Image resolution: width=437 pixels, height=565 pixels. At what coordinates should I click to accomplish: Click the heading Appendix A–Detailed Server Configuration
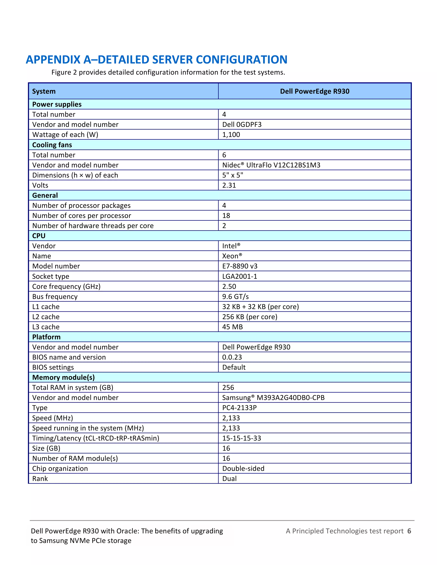[x=156, y=59]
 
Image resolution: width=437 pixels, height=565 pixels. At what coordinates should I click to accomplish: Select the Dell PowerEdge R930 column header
[x=314, y=91]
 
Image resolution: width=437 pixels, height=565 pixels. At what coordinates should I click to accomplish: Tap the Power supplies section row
[x=57, y=104]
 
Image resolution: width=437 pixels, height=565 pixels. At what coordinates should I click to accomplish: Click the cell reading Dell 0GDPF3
[x=242, y=125]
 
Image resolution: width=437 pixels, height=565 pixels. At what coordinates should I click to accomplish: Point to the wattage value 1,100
[x=231, y=135]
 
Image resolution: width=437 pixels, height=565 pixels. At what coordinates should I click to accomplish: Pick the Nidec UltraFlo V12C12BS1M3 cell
[x=271, y=165]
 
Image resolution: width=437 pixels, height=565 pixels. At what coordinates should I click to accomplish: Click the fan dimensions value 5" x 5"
[x=233, y=175]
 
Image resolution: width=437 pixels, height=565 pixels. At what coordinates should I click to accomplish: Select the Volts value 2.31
[x=229, y=185]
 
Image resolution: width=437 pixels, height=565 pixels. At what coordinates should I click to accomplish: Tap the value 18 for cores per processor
[x=226, y=216]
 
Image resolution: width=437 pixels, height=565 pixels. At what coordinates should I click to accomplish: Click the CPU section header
[x=39, y=236]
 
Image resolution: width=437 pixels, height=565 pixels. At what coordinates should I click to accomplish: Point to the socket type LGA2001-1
[x=239, y=276]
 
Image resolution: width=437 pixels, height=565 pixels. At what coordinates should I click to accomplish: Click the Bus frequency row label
[x=55, y=297]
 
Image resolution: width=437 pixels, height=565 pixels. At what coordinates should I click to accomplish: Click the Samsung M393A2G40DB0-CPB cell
[x=273, y=398]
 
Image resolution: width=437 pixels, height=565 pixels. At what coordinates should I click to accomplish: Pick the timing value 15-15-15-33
[x=242, y=438]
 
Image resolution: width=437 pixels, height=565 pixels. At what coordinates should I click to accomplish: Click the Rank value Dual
[x=229, y=479]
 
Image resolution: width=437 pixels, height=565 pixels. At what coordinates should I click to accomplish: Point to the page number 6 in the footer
[x=409, y=531]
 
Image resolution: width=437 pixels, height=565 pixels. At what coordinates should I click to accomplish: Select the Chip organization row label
[x=60, y=468]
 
